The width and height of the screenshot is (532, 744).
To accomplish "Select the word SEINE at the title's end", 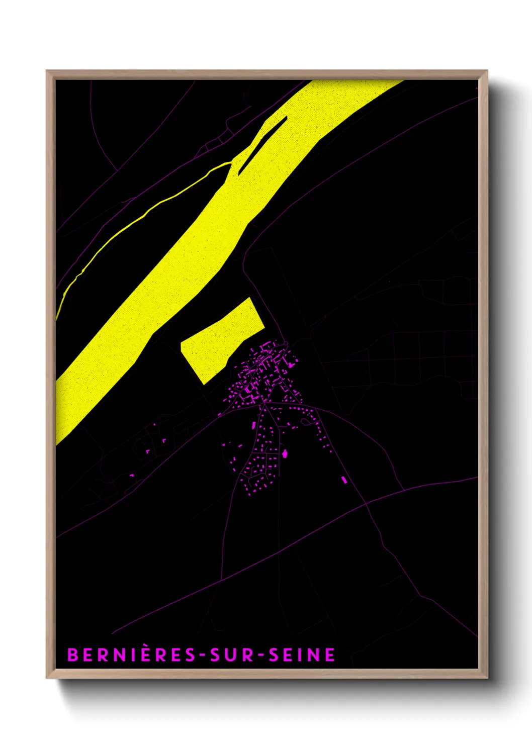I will click(302, 655).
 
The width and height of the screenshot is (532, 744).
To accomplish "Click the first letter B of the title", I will click(73, 655).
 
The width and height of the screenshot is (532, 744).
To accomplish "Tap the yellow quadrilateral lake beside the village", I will click(221, 339).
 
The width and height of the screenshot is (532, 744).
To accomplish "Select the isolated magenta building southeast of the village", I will click(344, 480).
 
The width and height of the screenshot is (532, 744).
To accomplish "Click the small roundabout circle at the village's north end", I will click(285, 344).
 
